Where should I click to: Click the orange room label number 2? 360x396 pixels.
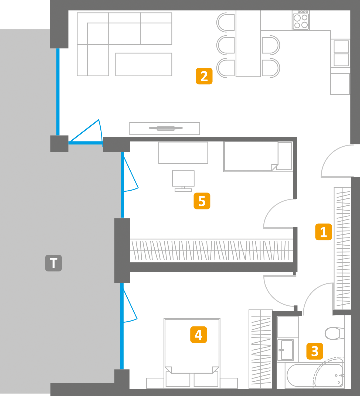click(x=204, y=76)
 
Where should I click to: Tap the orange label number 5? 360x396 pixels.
click(x=202, y=201)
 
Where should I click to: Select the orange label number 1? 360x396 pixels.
click(x=323, y=232)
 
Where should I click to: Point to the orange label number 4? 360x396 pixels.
click(x=199, y=335)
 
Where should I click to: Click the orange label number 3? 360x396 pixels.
click(x=315, y=351)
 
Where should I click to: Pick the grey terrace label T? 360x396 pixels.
click(x=53, y=263)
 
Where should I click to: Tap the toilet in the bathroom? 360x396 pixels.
click(x=334, y=333)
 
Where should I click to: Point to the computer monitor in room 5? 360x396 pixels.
click(x=183, y=179)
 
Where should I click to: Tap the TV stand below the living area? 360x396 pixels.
click(x=165, y=128)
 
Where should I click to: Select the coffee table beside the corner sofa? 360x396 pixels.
click(x=144, y=64)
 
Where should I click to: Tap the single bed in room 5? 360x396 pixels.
click(x=258, y=157)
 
